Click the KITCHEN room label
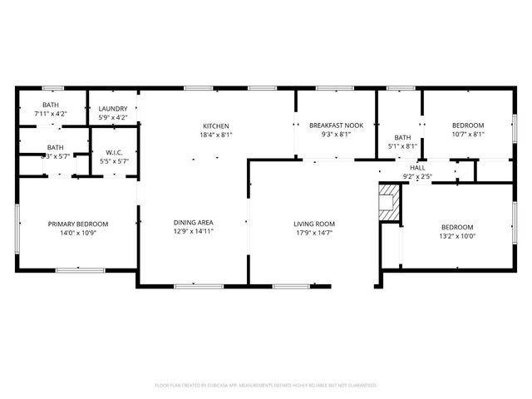pos(215,126)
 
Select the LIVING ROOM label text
pos(314,224)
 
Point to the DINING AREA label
pos(194,223)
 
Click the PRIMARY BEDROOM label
pos(77,224)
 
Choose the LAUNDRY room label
pos(112,109)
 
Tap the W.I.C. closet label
pos(114,152)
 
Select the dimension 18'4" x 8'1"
pos(215,135)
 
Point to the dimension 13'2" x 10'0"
pos(456,236)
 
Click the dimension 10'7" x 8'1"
pos(468,134)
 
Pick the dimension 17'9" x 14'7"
pos(314,233)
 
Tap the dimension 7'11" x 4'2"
pos(51,113)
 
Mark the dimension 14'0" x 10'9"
pos(77,233)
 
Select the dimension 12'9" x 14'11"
pos(194,232)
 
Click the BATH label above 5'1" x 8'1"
pos(402,138)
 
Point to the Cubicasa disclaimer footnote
pos(266,386)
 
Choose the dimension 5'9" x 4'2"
pos(112,117)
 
